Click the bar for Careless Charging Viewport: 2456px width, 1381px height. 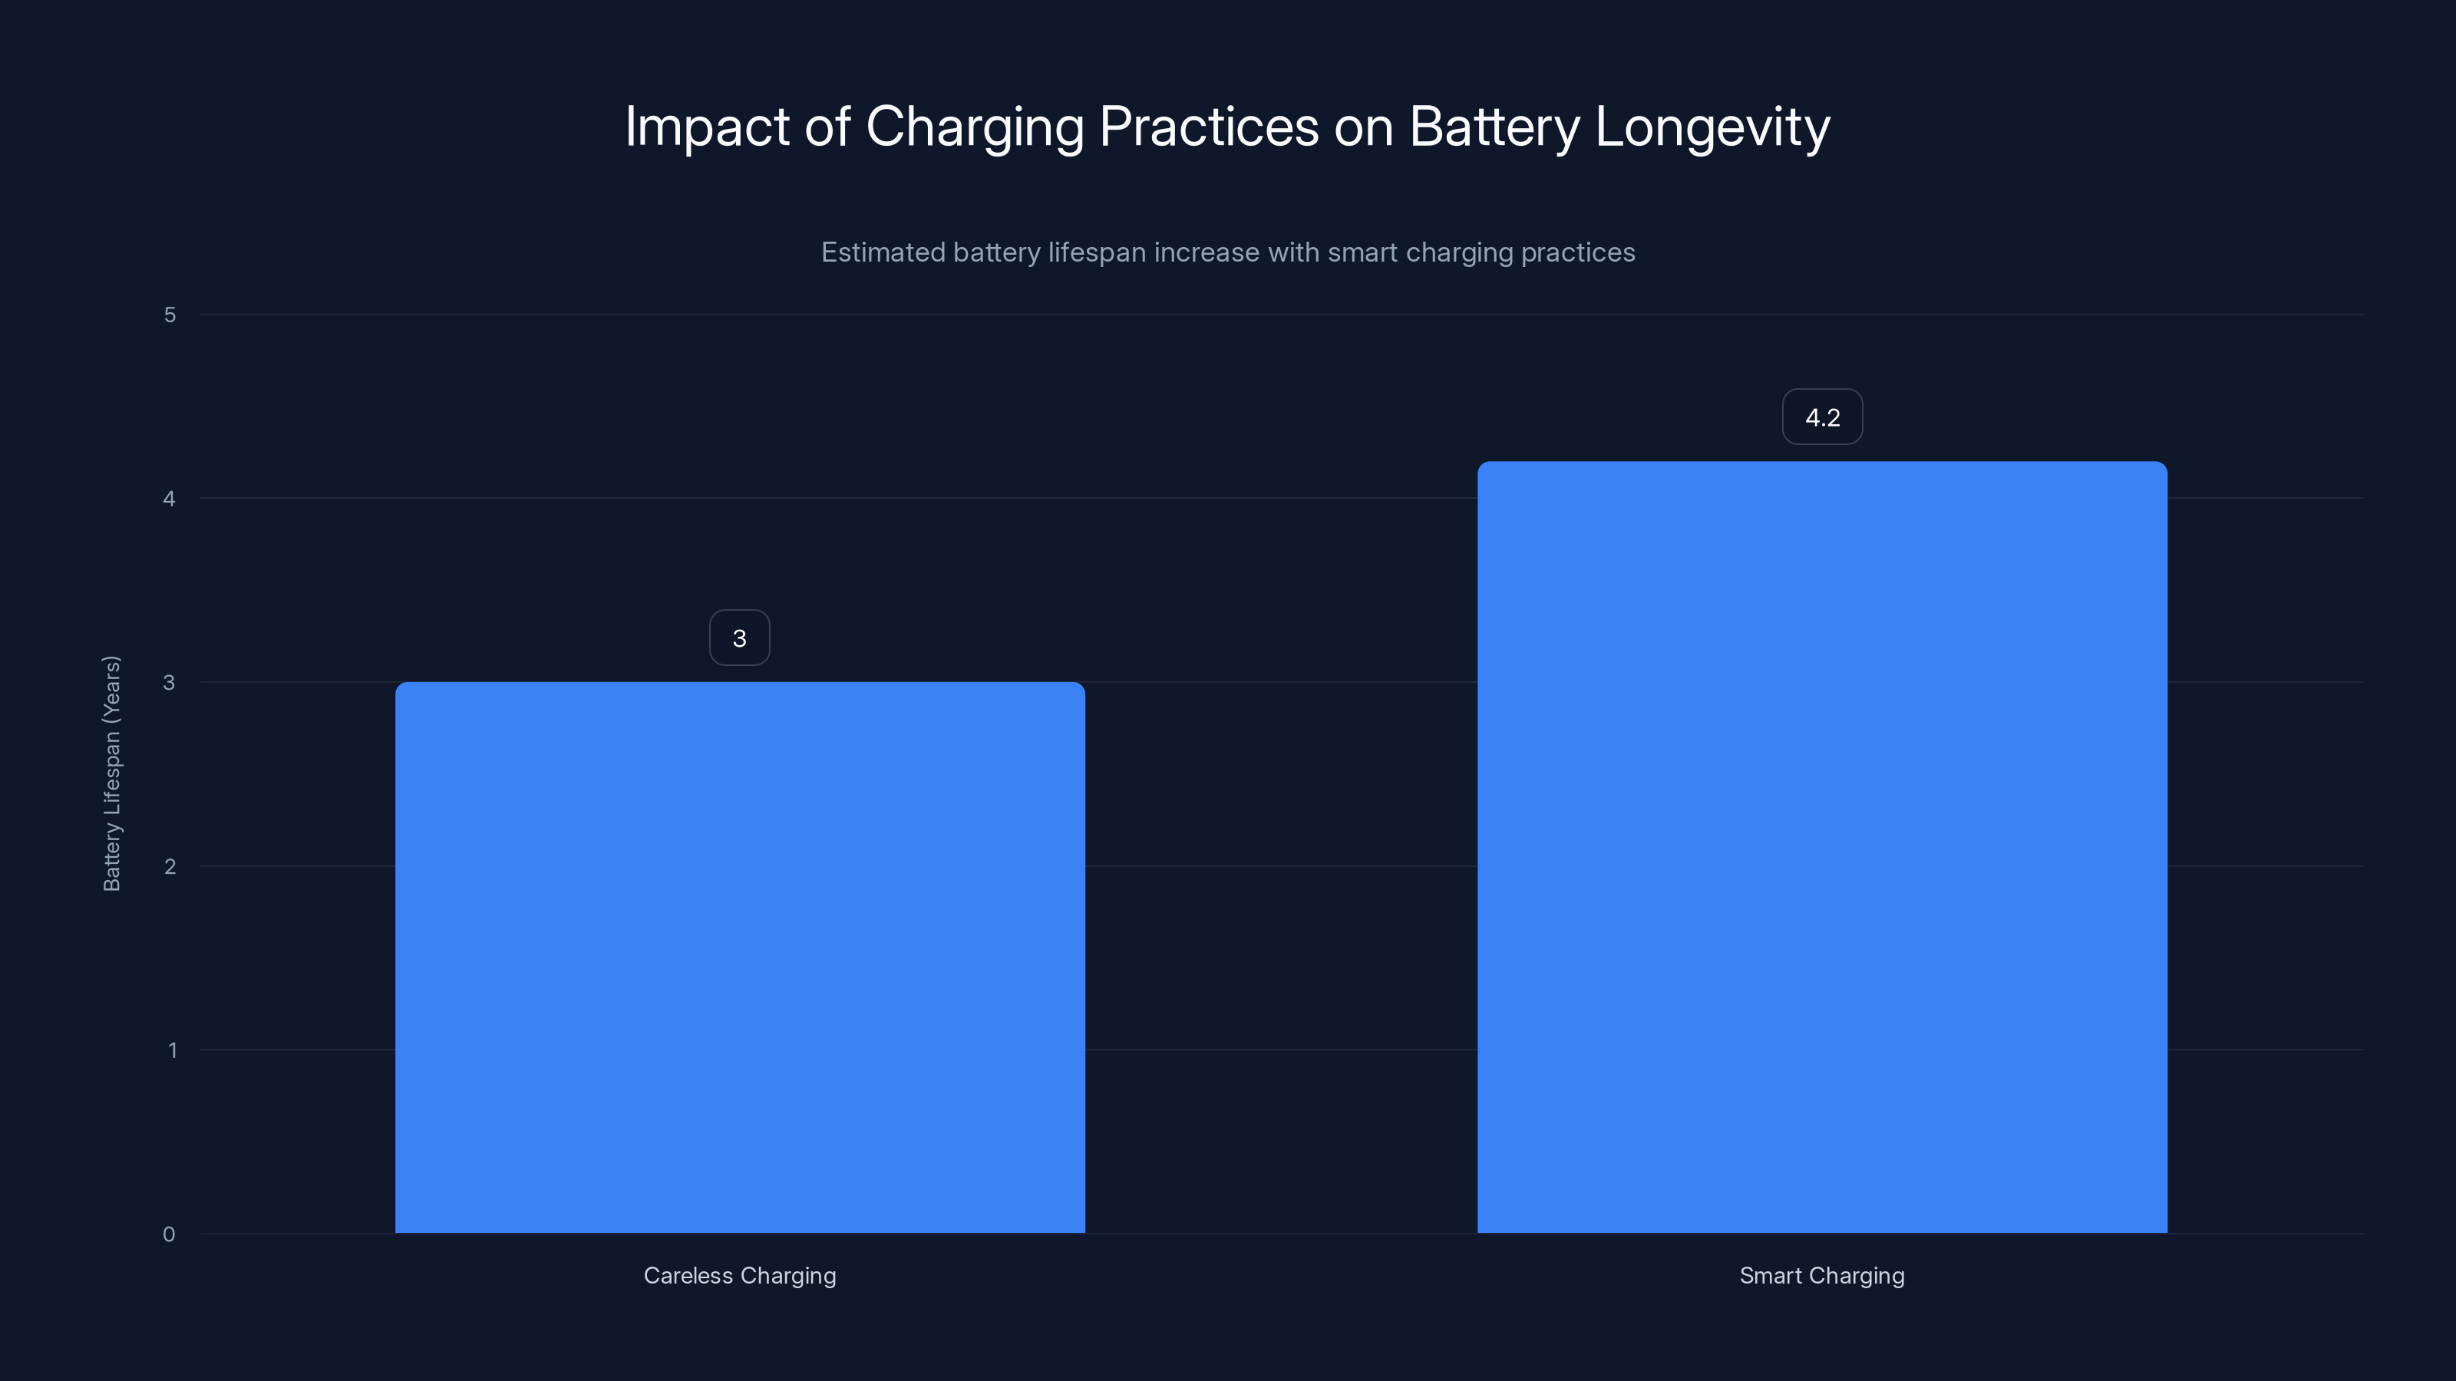coord(740,957)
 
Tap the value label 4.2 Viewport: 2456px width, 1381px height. coord(1822,417)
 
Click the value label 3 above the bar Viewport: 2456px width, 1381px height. coord(739,638)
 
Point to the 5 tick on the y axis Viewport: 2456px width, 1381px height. coord(170,315)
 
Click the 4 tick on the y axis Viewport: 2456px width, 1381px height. coord(170,499)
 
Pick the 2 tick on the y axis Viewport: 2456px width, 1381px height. coord(170,867)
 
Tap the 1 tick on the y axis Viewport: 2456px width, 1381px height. coord(172,1051)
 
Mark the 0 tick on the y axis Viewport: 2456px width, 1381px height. coord(170,1235)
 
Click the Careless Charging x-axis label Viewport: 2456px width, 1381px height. coord(740,1276)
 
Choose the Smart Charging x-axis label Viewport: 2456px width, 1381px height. coord(1822,1276)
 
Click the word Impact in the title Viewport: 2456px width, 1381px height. coord(706,127)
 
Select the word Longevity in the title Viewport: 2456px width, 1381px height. coord(1712,127)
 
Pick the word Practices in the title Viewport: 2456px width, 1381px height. coord(1208,127)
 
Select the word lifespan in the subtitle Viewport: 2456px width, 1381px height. coord(1097,252)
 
